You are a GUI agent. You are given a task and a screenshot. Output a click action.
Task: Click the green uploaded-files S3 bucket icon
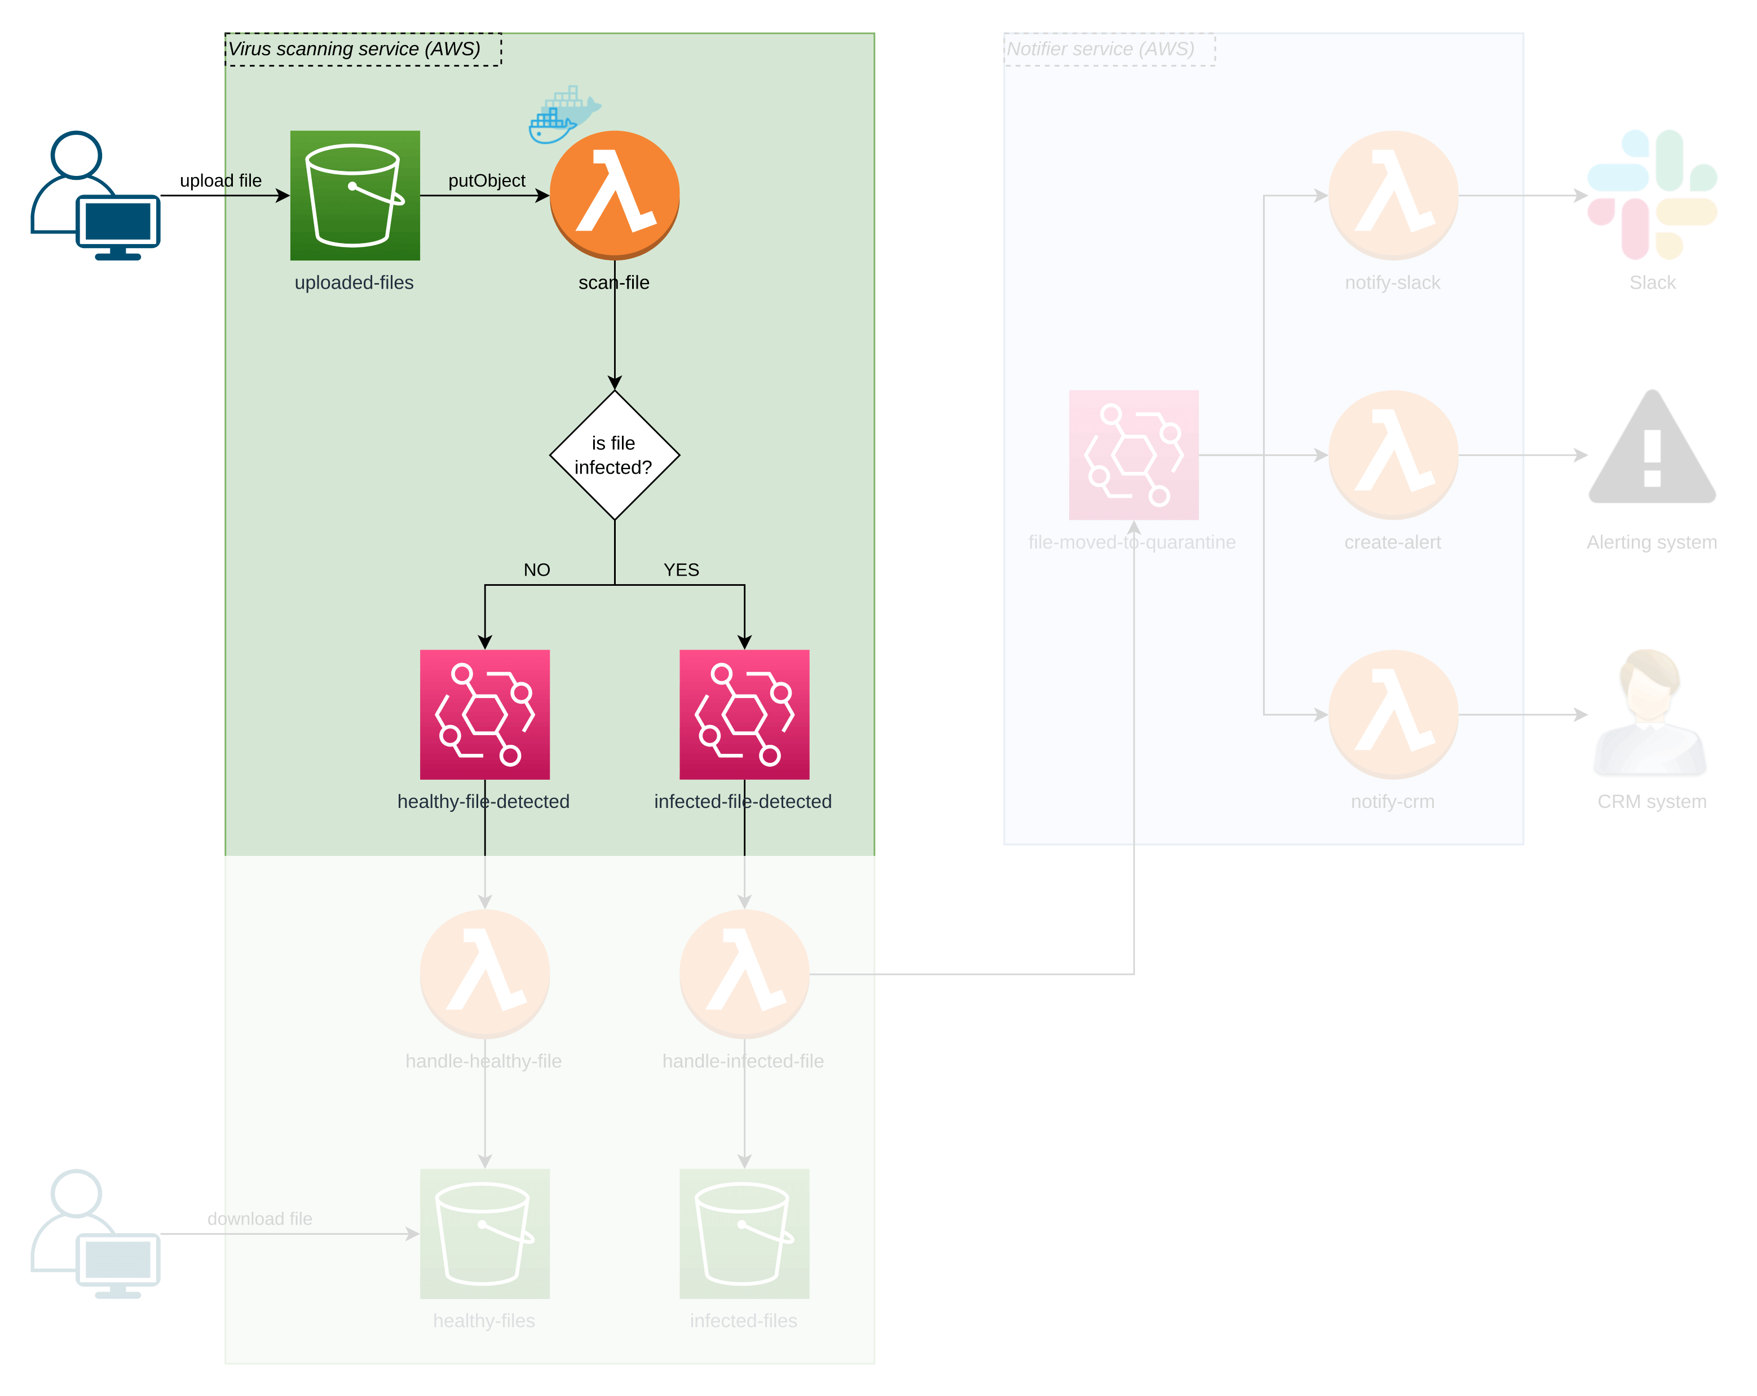tap(355, 196)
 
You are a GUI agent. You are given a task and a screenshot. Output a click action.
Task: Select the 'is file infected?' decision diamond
tap(615, 455)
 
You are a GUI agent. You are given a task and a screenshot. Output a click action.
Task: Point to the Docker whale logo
tap(565, 115)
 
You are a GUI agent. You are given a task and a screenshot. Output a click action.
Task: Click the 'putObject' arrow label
tap(487, 180)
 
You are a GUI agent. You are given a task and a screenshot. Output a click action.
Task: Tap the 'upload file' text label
tap(220, 180)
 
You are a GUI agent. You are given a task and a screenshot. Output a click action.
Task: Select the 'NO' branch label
tap(536, 569)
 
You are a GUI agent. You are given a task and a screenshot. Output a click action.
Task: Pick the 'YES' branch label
tap(681, 569)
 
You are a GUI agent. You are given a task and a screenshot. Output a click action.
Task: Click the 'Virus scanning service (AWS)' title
tap(355, 49)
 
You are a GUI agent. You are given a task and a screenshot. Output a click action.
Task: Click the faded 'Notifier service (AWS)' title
tap(1100, 49)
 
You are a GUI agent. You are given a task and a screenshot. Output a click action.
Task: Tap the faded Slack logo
tap(1652, 195)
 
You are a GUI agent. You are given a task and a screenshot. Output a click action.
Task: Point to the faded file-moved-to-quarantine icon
tap(1133, 455)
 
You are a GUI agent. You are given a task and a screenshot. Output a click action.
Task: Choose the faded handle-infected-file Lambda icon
tap(744, 974)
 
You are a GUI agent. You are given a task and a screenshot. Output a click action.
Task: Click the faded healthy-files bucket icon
tap(485, 1234)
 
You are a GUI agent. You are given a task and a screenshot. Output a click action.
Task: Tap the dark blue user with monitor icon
tap(95, 196)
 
